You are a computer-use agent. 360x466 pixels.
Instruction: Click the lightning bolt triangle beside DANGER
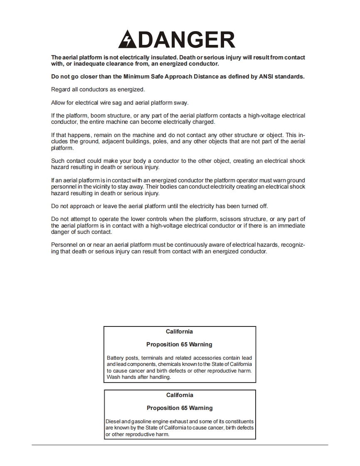[x=127, y=39]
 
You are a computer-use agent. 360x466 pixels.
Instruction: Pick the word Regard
[x=61, y=90]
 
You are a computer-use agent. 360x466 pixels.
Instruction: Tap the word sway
[x=181, y=103]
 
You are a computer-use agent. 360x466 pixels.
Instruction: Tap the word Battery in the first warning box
[x=115, y=358]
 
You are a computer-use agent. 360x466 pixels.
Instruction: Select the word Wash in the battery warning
[x=113, y=377]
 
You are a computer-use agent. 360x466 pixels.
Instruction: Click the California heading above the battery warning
[x=179, y=331]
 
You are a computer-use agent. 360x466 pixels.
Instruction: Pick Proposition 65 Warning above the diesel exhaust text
[x=180, y=408]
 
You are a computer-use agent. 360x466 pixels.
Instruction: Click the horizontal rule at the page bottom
[x=180, y=445]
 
